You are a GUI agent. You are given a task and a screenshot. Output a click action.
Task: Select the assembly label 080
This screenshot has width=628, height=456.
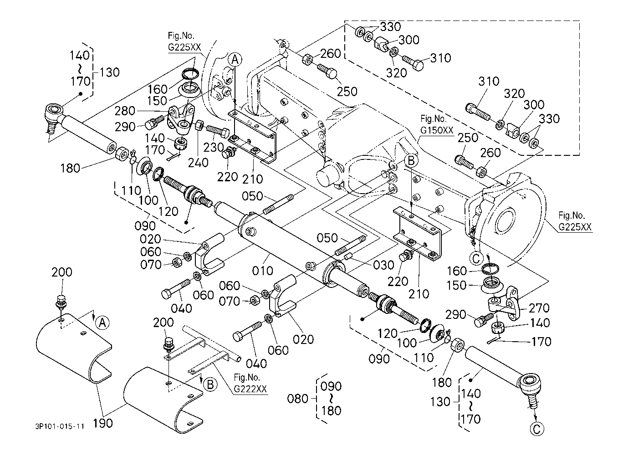point(298,399)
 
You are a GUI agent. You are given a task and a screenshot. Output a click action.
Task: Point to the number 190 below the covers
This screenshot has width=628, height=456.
point(103,423)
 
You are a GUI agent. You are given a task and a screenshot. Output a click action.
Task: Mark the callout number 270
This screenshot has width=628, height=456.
point(539,308)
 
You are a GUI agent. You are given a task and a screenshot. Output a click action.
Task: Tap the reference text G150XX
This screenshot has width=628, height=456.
point(437,131)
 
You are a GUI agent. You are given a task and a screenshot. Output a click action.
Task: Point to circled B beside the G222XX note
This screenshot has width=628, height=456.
point(210,385)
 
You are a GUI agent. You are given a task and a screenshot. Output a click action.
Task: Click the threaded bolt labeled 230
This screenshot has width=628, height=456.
point(217,132)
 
